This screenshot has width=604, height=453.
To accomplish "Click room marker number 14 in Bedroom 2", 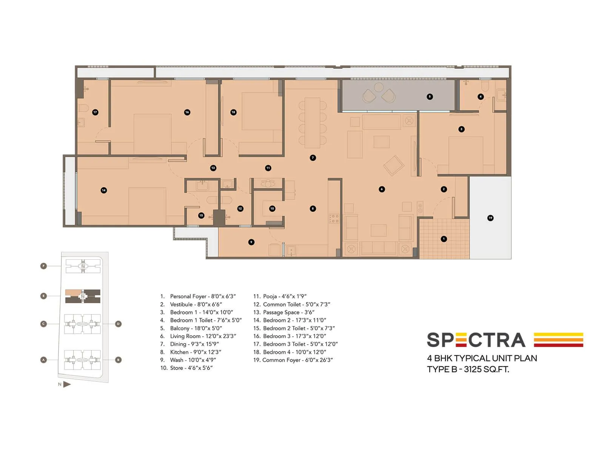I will [x=104, y=190].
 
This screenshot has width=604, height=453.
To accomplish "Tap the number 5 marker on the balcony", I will [x=430, y=97].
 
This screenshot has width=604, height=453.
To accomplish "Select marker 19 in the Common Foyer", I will [x=490, y=218].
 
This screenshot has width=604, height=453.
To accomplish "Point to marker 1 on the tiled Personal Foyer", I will [x=444, y=239].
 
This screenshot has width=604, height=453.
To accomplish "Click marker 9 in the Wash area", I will [x=251, y=242].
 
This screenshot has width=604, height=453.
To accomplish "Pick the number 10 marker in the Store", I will [x=272, y=208].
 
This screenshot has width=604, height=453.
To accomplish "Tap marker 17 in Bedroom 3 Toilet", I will [x=95, y=112].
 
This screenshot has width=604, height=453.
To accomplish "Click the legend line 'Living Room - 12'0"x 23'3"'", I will [x=203, y=336].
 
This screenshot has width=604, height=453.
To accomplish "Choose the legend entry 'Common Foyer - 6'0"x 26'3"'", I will [x=297, y=360].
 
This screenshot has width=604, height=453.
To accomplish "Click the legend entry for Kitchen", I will [x=195, y=352].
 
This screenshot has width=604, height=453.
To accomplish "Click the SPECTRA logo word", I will [x=476, y=340].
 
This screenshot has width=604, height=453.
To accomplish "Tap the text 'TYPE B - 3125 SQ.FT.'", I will [x=468, y=369].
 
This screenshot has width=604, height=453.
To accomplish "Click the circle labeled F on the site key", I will [x=44, y=266].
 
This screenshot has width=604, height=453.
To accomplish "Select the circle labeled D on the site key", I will [x=118, y=324].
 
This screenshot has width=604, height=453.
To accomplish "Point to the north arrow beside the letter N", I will [x=67, y=384].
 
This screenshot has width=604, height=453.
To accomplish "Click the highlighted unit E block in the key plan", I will [x=83, y=296].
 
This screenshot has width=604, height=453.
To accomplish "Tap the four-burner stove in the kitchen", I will [x=334, y=218].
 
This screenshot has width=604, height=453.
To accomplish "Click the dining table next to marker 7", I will [x=312, y=123].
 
